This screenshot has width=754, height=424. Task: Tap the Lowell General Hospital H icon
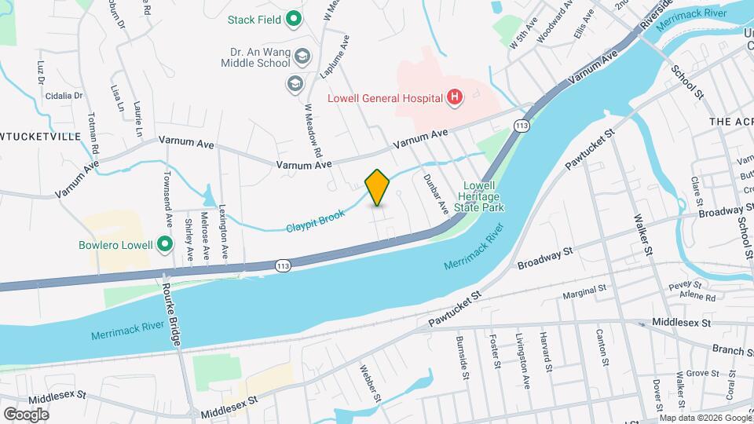pyautogui.click(x=453, y=97)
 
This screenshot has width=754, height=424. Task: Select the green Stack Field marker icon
pyautogui.click(x=294, y=18)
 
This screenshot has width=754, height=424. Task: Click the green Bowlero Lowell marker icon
pyautogui.click(x=164, y=245)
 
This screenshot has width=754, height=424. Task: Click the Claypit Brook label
pyautogui.click(x=316, y=219)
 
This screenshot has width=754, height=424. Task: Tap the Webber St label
pyautogui.click(x=370, y=384)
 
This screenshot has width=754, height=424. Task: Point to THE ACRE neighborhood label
pyautogui.click(x=731, y=122)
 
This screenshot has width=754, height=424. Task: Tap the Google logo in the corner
pyautogui.click(x=26, y=414)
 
